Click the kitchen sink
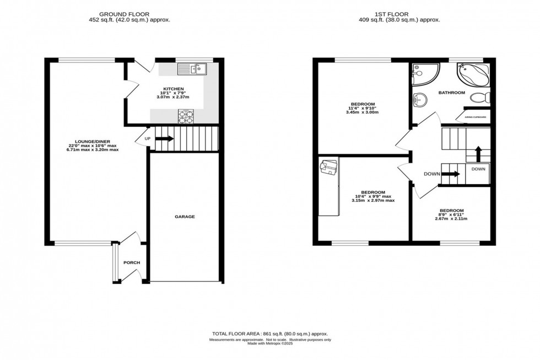[x=191, y=69]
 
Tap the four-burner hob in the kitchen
[x=186, y=116]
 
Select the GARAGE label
[x=185, y=217]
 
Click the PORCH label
[x=131, y=262]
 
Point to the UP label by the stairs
[x=147, y=138]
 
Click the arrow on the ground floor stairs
[x=164, y=138]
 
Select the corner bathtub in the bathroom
[x=473, y=75]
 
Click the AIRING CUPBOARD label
[x=475, y=117]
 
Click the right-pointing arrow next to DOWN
[x=451, y=174]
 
